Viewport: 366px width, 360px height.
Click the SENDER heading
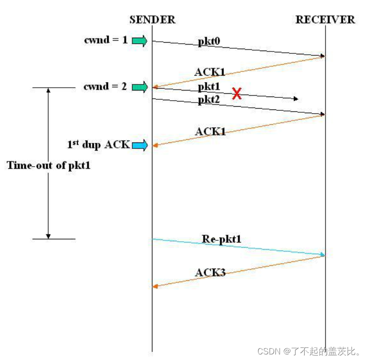click(152, 19)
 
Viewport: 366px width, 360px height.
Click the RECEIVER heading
click(325, 19)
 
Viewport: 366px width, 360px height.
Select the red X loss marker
click(237, 94)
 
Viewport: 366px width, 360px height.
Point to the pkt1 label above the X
click(209, 87)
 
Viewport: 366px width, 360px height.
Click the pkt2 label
click(209, 100)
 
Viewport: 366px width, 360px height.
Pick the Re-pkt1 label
click(222, 239)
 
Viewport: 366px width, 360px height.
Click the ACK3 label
click(210, 272)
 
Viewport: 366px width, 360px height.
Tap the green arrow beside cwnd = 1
click(139, 41)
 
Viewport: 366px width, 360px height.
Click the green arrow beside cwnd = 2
click(139, 86)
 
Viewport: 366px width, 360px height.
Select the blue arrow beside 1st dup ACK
click(139, 146)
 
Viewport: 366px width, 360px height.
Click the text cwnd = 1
click(105, 40)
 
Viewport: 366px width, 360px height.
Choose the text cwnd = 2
click(105, 86)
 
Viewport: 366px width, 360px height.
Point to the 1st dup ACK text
click(98, 145)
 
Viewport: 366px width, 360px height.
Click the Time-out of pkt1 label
click(48, 165)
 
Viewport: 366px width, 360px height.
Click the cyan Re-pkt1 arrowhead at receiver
click(322, 255)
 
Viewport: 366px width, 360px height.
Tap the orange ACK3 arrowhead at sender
click(155, 287)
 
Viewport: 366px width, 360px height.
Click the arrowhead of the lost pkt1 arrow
click(295, 99)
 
